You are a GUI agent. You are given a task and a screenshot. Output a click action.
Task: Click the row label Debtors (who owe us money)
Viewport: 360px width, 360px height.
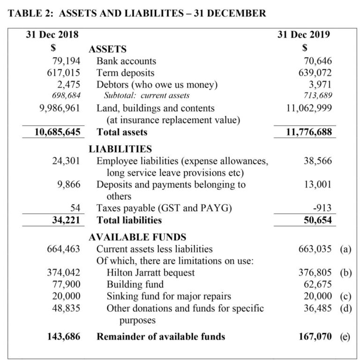157,85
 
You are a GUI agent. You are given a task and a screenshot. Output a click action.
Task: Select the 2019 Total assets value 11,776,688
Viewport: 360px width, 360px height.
308,132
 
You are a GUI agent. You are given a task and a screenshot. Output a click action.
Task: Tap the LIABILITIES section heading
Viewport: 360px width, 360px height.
120,149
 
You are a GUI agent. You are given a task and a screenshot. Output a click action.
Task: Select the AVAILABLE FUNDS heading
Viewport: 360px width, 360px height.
137,237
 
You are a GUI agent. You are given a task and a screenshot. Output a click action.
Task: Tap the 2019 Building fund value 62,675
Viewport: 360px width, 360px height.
317,284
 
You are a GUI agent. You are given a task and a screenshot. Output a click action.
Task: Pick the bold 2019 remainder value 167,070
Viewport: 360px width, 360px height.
315,336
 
